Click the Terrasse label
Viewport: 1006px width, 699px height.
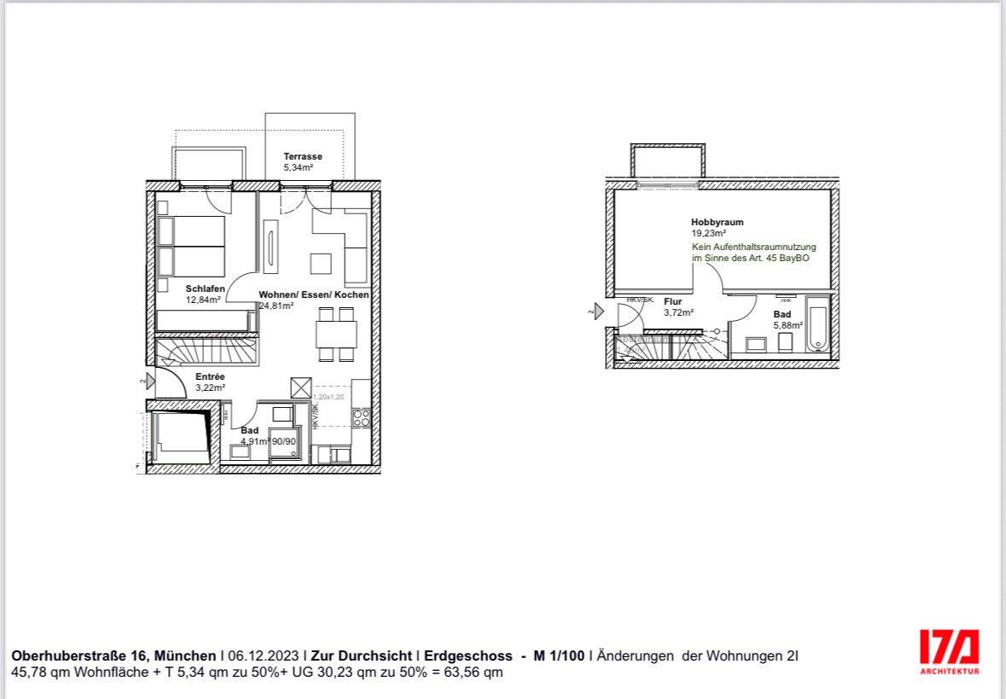(303, 157)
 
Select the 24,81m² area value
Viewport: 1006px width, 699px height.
(276, 305)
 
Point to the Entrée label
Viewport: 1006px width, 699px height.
(210, 376)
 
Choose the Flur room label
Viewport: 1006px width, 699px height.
(672, 301)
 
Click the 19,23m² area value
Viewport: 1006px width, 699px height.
(708, 232)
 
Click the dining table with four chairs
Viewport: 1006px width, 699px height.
(335, 334)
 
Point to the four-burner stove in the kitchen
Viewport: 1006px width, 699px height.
(362, 417)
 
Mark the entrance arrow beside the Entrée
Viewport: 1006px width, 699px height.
(150, 382)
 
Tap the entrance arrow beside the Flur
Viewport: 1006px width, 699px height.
(599, 312)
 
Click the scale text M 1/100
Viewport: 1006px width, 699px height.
(559, 655)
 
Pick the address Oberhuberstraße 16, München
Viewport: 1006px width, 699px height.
(113, 655)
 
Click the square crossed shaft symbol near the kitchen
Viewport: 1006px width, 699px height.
(301, 387)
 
